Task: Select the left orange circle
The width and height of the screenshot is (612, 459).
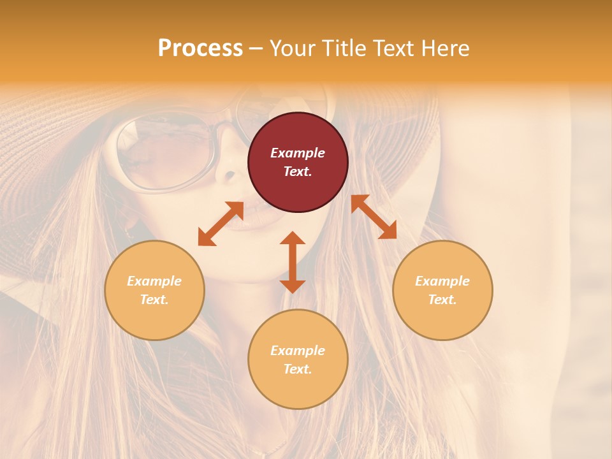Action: (x=154, y=290)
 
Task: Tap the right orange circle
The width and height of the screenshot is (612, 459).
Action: (x=442, y=290)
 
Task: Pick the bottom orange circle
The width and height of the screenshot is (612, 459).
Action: (x=298, y=359)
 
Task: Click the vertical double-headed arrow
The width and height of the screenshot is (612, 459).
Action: (x=293, y=262)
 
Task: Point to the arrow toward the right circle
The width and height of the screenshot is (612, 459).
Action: (x=374, y=217)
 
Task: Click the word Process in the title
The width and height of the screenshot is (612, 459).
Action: (x=200, y=48)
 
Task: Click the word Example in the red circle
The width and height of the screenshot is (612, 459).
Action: (x=298, y=153)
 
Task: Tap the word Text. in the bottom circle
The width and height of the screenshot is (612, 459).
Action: (x=298, y=369)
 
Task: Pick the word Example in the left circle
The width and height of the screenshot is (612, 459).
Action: (x=154, y=281)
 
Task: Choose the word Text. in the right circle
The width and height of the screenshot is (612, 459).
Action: (x=442, y=300)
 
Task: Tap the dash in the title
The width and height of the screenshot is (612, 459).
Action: (x=256, y=48)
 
